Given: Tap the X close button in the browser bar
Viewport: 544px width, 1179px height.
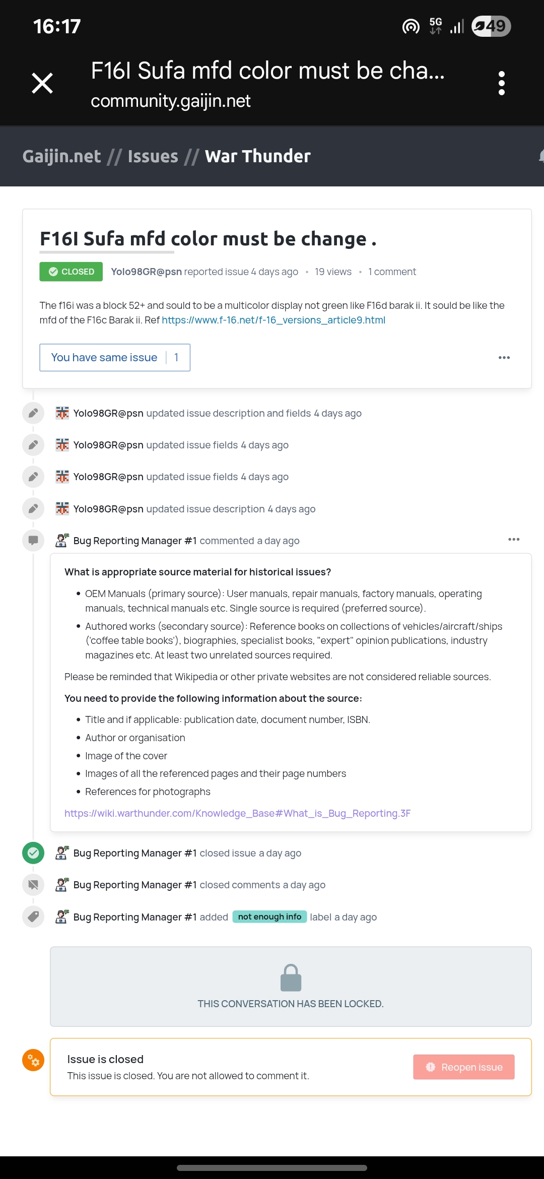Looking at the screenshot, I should pyautogui.click(x=42, y=83).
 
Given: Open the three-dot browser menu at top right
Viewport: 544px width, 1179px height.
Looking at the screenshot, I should pyautogui.click(x=501, y=83).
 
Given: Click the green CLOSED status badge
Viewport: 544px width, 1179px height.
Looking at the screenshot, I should pyautogui.click(x=71, y=272).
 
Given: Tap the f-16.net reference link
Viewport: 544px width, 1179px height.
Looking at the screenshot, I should pyautogui.click(x=274, y=320).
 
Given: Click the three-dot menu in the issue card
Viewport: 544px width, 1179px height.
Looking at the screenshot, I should pyautogui.click(x=504, y=358).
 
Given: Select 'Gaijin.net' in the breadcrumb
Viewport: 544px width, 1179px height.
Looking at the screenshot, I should pyautogui.click(x=61, y=156).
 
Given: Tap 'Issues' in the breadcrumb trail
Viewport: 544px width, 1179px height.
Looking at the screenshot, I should pyautogui.click(x=153, y=156).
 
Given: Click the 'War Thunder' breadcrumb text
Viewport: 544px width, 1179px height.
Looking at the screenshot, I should pyautogui.click(x=257, y=156).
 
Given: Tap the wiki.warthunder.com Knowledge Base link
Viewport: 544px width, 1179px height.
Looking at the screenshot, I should pyautogui.click(x=237, y=813).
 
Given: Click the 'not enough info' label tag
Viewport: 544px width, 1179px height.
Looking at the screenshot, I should pyautogui.click(x=269, y=917).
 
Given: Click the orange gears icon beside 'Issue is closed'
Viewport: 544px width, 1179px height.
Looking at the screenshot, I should pyautogui.click(x=33, y=1060).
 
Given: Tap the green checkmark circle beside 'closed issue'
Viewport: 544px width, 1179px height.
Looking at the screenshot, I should pyautogui.click(x=33, y=853).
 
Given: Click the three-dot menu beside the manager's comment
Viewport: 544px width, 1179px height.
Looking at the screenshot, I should pyautogui.click(x=513, y=540).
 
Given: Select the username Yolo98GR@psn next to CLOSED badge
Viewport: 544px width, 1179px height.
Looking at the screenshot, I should pyautogui.click(x=146, y=272).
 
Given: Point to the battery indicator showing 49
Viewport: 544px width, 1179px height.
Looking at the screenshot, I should pyautogui.click(x=491, y=26).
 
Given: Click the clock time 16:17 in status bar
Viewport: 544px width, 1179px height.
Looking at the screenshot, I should pyautogui.click(x=57, y=26).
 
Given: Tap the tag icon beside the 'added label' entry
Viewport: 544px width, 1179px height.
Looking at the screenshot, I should pyautogui.click(x=33, y=916).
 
